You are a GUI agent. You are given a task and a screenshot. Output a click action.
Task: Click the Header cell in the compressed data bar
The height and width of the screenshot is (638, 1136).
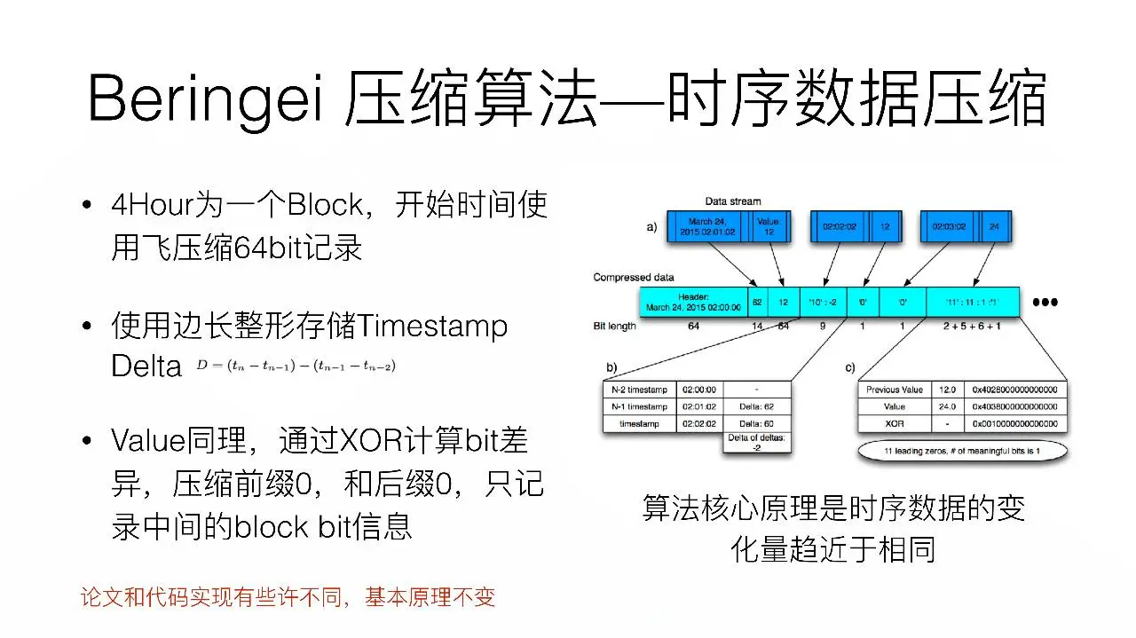coord(693,302)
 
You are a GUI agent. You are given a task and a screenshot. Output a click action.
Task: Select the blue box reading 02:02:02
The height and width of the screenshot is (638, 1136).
coord(838,227)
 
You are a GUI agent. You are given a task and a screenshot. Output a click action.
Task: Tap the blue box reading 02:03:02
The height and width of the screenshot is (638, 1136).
coord(948,227)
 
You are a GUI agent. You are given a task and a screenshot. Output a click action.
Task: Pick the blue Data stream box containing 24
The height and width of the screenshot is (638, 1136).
coord(994,227)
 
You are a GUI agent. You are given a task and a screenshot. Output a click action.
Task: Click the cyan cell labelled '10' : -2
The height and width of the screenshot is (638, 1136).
coord(816,302)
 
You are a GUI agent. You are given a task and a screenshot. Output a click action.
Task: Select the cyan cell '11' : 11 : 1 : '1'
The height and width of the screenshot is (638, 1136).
coord(973,302)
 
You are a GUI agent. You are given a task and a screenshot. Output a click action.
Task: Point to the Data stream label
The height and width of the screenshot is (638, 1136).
coord(732,201)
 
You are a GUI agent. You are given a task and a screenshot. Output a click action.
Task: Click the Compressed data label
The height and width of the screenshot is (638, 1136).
coord(635,278)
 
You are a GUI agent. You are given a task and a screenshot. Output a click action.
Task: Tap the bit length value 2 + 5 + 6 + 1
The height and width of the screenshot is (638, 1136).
coord(974,327)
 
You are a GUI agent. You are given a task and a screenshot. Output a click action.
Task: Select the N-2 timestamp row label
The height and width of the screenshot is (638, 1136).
coord(638,390)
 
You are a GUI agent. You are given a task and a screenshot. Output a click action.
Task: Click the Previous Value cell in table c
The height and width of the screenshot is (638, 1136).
coord(894,390)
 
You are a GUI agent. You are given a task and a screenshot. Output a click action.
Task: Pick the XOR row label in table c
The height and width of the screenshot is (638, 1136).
coord(894,424)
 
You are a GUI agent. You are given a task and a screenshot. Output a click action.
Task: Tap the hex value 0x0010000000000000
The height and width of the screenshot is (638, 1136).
coord(1017,424)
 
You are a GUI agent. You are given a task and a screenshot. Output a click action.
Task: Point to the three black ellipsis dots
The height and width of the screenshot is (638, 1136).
coord(1045,302)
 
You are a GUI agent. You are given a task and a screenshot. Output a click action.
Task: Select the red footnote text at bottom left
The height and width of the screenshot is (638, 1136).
coord(288,597)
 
